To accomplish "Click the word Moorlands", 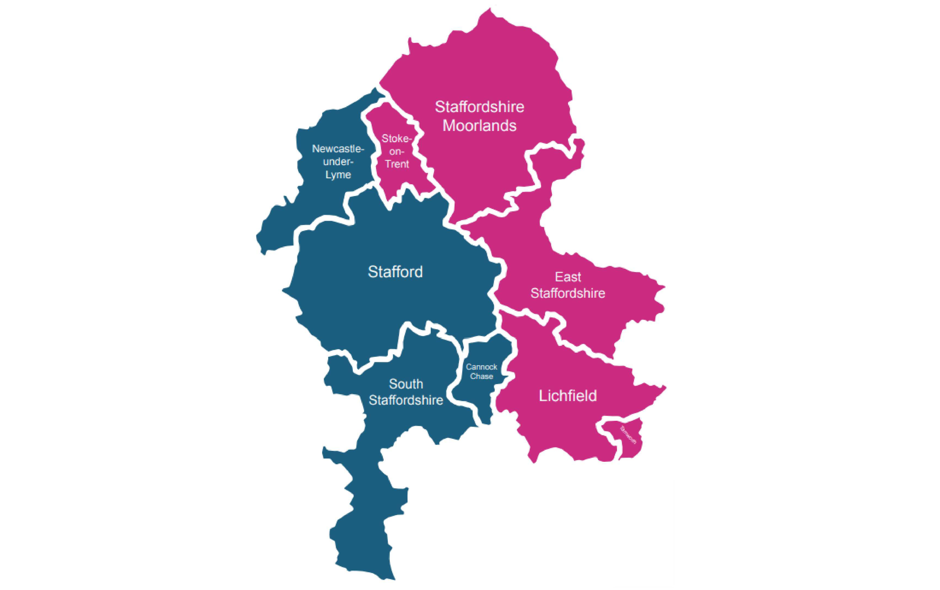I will (x=479, y=126).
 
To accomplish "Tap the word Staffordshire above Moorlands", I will (x=479, y=107).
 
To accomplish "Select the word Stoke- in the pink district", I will (x=397, y=138).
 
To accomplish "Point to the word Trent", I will (x=397, y=164).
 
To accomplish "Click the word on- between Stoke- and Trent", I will (x=397, y=151).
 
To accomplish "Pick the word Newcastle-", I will (x=338, y=149).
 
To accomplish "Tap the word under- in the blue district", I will (x=338, y=162).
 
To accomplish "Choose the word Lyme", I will (x=338, y=175).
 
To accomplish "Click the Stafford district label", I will (x=395, y=272).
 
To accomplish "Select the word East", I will (x=568, y=277).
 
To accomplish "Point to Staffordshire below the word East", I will (x=568, y=293).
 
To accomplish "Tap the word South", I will (x=406, y=384).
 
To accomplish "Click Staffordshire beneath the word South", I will (x=406, y=400).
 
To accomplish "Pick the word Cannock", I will (x=481, y=367).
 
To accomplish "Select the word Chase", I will (x=481, y=377).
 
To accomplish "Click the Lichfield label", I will (x=568, y=396).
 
